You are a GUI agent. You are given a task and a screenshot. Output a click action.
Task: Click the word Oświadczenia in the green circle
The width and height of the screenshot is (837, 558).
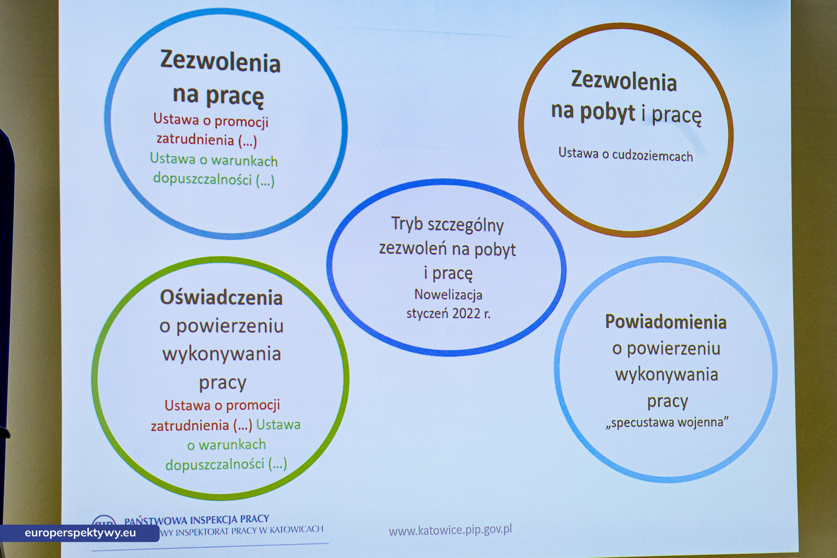point(221,297)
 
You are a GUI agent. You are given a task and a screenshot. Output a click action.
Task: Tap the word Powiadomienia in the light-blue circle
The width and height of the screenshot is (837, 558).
point(666,322)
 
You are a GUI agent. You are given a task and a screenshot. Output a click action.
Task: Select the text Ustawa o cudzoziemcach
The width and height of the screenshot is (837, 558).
point(625,155)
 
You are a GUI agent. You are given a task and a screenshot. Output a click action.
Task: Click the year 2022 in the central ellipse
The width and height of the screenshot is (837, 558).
point(466,314)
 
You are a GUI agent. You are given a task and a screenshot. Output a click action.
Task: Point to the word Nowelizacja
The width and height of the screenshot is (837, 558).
point(448,295)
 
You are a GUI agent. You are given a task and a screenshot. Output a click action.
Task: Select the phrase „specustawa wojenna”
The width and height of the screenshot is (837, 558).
point(667,422)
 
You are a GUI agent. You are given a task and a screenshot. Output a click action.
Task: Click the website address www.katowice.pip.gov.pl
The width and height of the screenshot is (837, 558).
point(450,530)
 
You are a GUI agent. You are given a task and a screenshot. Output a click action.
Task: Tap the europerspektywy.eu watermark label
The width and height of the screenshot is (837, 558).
point(80,533)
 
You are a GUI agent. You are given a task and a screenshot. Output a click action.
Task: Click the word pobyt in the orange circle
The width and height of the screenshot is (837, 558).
point(607,112)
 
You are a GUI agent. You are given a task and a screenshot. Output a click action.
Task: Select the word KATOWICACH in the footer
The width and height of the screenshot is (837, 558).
point(296,530)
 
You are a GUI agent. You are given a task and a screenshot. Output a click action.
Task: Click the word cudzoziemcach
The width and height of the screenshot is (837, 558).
point(652,156)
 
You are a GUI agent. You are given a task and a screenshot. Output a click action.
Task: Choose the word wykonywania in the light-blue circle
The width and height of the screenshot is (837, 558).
point(667,375)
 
